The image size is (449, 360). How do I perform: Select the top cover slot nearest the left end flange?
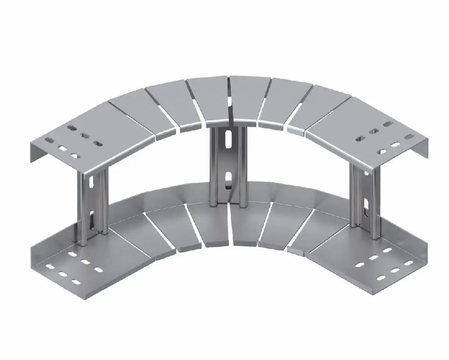[x=49, y=140]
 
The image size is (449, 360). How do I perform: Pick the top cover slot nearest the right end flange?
[x=408, y=137]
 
